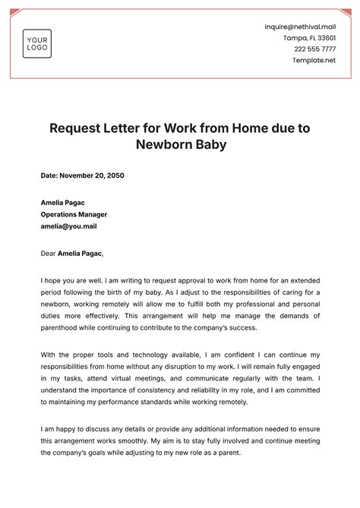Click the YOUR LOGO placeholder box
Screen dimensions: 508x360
click(x=36, y=43)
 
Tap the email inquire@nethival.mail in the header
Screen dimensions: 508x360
click(x=300, y=26)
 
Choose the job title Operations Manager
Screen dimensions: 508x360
click(x=74, y=214)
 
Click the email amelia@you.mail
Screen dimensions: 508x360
click(x=69, y=226)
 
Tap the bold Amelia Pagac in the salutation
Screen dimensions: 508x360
click(x=80, y=253)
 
